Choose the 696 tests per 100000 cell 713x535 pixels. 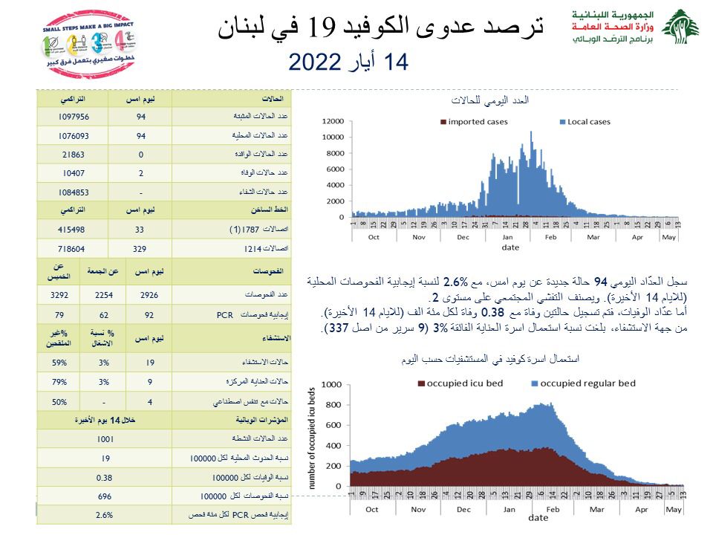[x=105, y=495]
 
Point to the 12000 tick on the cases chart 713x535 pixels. [x=334, y=121]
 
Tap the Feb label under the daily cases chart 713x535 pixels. [x=550, y=237]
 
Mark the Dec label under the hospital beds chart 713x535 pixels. [x=463, y=510]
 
